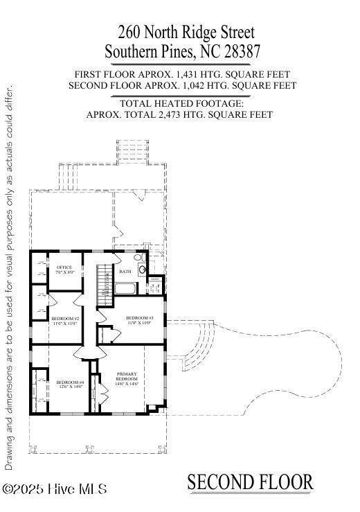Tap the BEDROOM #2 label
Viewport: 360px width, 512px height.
[65, 321]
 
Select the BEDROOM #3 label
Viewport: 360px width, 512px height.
[139, 319]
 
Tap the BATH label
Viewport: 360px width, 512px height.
[125, 272]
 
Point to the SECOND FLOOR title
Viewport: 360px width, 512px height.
[250, 482]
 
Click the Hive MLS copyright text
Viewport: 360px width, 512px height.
[55, 489]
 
